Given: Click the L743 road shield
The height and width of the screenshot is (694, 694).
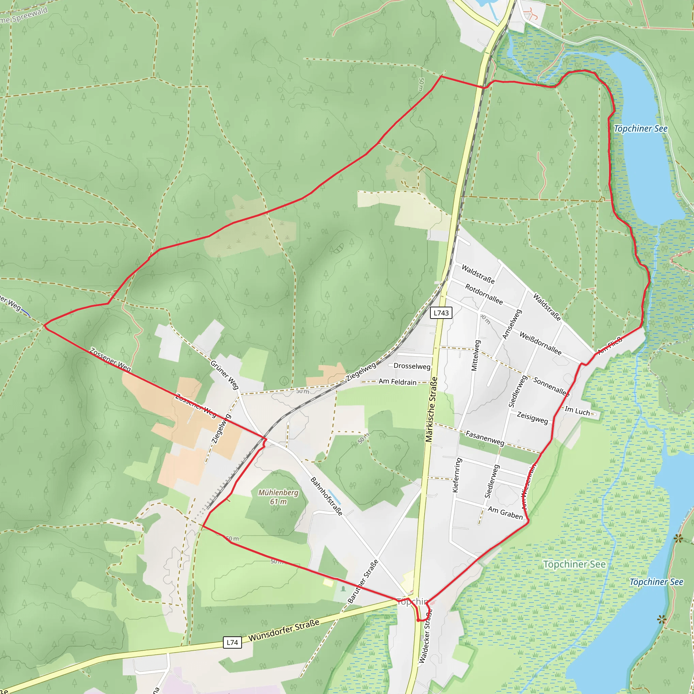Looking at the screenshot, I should (441, 313).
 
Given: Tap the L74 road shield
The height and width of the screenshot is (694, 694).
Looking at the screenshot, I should (232, 642).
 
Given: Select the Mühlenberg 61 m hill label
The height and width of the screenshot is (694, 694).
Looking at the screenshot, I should (279, 497).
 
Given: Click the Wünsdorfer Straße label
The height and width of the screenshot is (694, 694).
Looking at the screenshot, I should (284, 630).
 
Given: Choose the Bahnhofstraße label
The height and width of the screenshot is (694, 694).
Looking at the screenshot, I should (327, 496).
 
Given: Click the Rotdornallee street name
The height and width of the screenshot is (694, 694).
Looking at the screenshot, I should (484, 294).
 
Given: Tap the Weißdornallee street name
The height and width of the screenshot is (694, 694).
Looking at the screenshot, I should (540, 344).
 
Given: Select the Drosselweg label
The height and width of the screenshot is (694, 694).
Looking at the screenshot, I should (412, 366).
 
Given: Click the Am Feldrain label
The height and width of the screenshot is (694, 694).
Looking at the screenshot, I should (397, 382).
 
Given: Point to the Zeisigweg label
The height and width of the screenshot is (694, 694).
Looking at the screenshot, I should (532, 418).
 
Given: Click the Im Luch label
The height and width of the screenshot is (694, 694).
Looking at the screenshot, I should (577, 411).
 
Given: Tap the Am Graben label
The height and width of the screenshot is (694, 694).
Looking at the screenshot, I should (505, 513).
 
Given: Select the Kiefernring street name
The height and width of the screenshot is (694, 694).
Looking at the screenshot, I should (456, 475).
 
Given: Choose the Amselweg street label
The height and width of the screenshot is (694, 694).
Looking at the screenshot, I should (512, 324).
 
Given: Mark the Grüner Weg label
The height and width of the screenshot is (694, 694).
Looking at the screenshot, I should (225, 375).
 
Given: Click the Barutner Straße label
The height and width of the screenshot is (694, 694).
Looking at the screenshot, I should (363, 581).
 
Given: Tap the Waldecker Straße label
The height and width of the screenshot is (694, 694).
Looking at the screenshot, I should (425, 636).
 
